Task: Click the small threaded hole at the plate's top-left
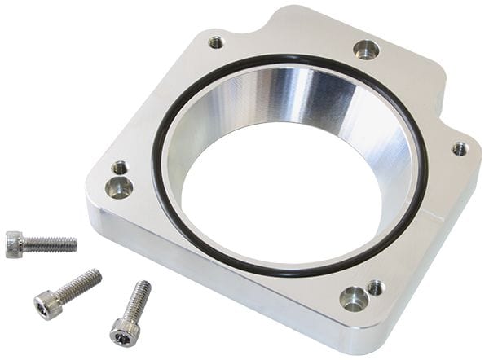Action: [x=215, y=42]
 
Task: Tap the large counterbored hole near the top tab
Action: [x=366, y=50]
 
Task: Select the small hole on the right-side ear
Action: [x=460, y=149]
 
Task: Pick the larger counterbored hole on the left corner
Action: [x=119, y=188]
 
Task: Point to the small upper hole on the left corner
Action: [x=120, y=168]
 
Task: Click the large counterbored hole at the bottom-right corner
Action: [x=354, y=299]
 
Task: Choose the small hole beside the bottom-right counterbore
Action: [x=375, y=288]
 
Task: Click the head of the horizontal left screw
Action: [x=14, y=244]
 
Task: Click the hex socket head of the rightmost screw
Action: [x=123, y=331]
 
